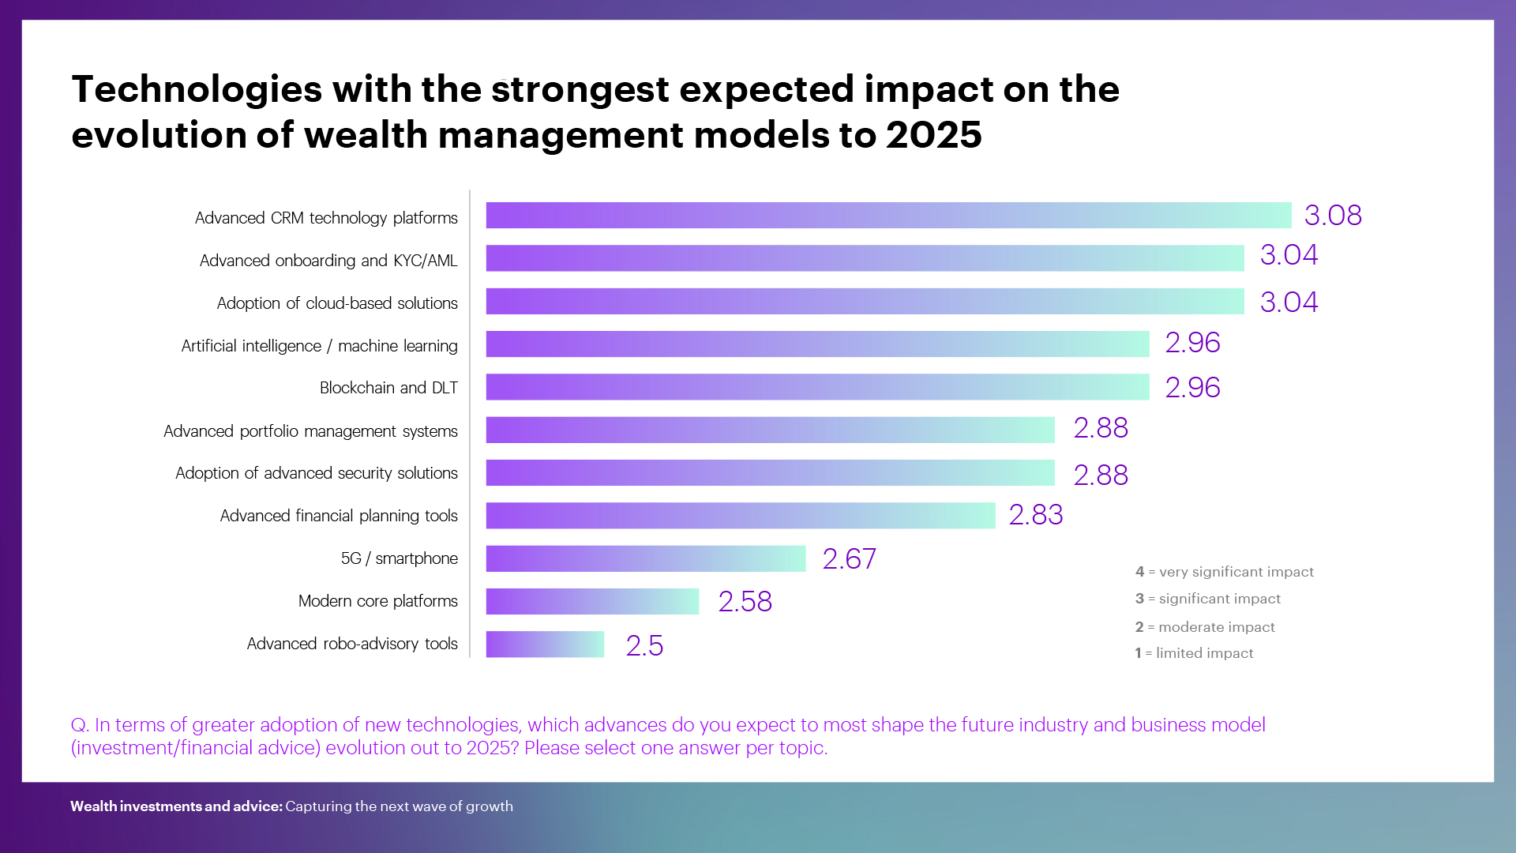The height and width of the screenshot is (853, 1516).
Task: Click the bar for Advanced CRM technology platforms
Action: coord(888,216)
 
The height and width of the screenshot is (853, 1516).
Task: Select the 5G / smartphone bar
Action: coord(645,558)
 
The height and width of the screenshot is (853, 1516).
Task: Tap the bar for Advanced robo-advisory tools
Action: coord(545,644)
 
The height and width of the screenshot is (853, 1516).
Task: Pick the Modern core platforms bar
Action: coord(592,601)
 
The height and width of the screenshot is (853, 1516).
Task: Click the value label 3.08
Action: coord(1333,216)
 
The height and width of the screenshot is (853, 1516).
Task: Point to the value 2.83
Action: coord(1036,515)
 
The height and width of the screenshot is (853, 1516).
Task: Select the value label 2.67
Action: coord(849,559)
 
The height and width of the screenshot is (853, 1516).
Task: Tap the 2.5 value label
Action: coord(644,646)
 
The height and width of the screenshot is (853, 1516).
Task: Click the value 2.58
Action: coord(745,602)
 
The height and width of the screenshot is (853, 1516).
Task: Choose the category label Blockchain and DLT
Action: coord(388,388)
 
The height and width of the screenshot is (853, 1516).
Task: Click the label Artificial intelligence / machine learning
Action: coord(319,346)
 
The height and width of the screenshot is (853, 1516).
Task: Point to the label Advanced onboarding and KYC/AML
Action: coord(328,261)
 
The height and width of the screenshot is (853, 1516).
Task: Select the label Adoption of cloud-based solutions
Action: coord(337,303)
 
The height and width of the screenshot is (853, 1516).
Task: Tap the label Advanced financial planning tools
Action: coord(339,516)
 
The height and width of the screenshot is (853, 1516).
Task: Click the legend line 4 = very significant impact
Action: coord(1224,572)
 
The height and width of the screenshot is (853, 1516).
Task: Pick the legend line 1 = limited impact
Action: coord(1194,653)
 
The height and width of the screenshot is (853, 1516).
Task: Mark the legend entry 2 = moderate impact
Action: coord(1205,627)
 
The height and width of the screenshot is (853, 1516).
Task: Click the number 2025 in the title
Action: coord(933,135)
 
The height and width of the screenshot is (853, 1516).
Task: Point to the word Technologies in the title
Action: coord(197,89)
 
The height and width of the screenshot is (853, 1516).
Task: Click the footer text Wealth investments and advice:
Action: coord(176,806)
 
